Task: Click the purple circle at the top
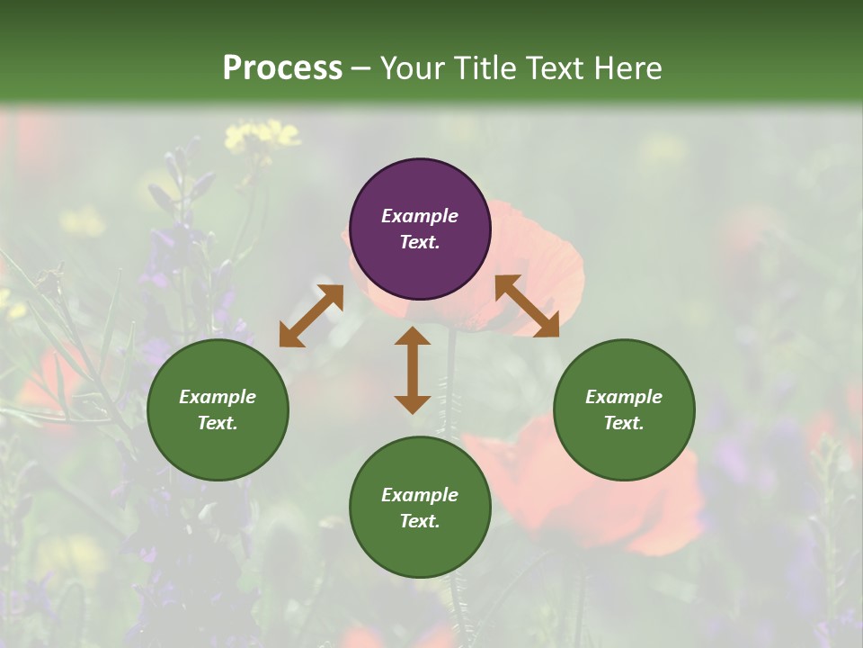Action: pos(420,229)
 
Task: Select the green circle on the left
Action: pos(218,409)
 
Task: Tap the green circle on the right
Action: pos(624,409)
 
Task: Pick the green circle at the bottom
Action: pos(420,508)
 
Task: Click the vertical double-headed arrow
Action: pos(413,370)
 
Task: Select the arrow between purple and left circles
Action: pos(311,316)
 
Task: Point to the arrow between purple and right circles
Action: pos(527,306)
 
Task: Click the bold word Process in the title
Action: pos(282,67)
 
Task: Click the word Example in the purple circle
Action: pos(420,216)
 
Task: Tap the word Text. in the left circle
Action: pos(218,423)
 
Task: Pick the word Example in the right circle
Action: pos(624,397)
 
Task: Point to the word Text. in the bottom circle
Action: pos(420,521)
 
